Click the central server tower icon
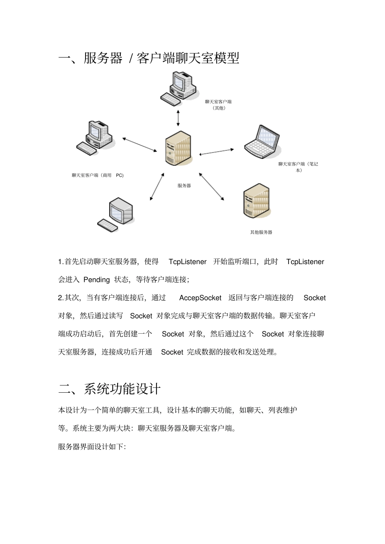[178, 148]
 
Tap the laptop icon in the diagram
[263, 142]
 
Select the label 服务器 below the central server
[184, 186]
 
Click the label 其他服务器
[261, 232]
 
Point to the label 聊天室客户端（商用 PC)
[98, 176]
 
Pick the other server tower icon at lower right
[257, 201]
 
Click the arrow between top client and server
[178, 117]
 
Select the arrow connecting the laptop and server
[216, 152]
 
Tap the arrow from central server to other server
[211, 186]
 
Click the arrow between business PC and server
[139, 145]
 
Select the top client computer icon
[178, 88]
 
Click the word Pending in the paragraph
[96, 279]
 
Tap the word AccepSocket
[200, 298]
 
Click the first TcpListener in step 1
[187, 262]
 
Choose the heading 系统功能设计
[122, 389]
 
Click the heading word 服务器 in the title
[103, 58]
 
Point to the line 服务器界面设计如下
[92, 447]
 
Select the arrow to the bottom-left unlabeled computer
[157, 186]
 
